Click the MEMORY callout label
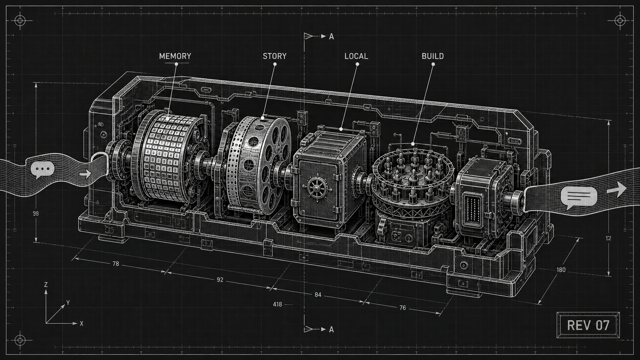175,56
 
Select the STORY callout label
274,56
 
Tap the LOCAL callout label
356,56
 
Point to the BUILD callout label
433,56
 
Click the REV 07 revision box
588,325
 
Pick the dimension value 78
116,264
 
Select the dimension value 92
220,280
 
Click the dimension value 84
318,295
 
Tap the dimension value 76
402,308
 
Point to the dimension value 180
561,270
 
